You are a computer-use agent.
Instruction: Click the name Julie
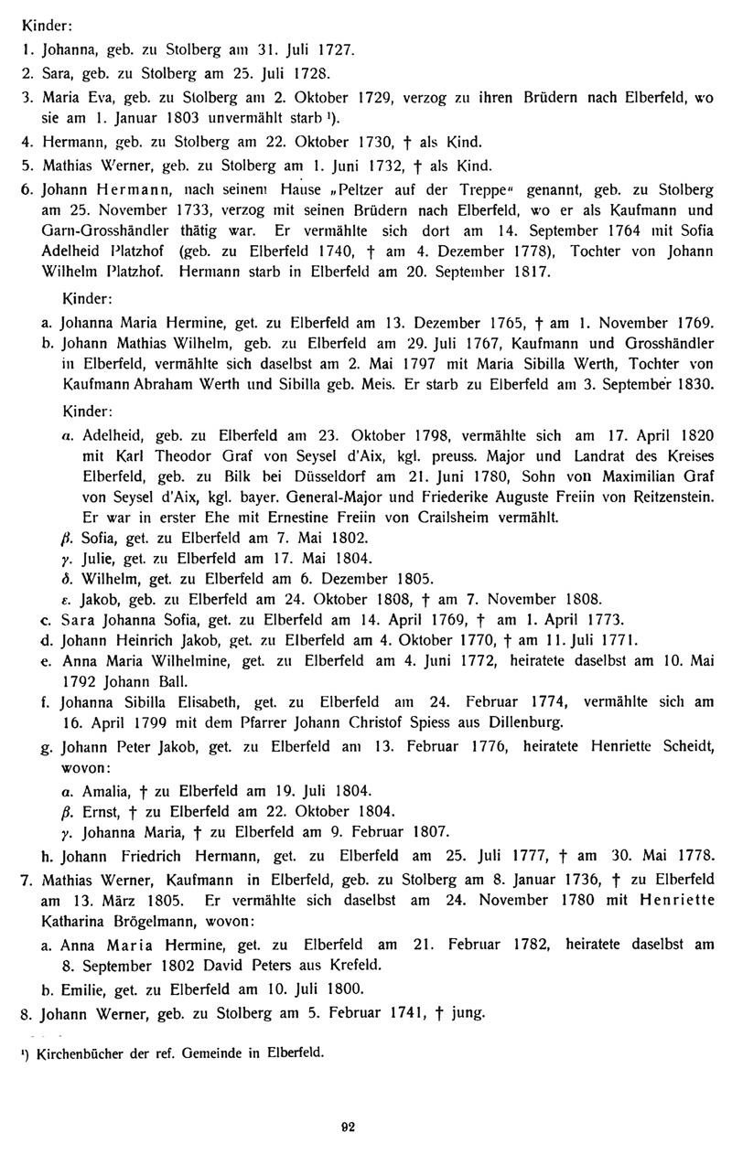click(x=100, y=557)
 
